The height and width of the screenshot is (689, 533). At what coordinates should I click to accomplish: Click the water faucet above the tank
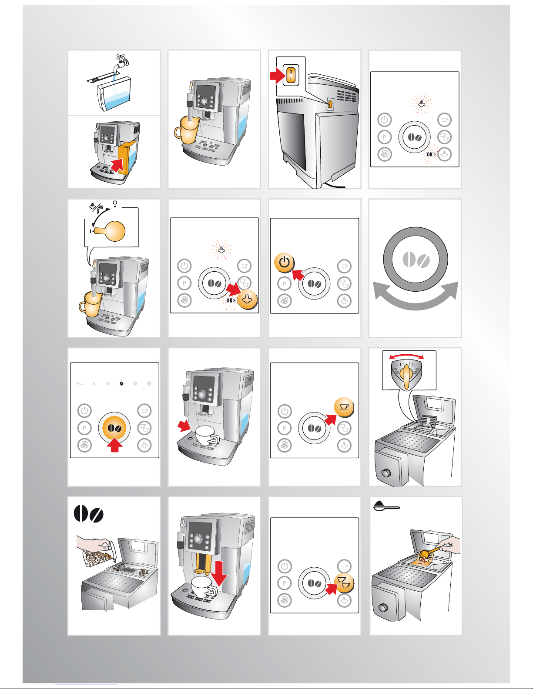(x=121, y=63)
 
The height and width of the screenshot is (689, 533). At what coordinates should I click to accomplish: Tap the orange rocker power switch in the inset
(x=291, y=75)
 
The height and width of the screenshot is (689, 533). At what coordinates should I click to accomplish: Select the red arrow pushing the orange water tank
(x=118, y=165)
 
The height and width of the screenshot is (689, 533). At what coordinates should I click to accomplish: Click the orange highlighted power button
(x=284, y=263)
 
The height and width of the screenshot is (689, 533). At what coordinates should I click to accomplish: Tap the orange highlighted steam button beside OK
(x=247, y=299)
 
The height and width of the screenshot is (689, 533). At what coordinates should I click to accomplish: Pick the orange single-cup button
(x=344, y=407)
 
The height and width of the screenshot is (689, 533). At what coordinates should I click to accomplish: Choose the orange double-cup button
(x=344, y=583)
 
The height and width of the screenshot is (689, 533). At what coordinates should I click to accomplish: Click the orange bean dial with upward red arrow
(x=114, y=428)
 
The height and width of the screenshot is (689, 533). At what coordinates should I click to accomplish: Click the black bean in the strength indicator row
(x=121, y=383)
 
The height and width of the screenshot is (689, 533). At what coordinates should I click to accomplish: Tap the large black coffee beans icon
(x=88, y=513)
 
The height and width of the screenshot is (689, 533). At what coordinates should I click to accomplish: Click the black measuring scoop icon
(x=386, y=506)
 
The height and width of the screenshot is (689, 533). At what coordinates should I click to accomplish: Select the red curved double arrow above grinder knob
(x=406, y=356)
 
